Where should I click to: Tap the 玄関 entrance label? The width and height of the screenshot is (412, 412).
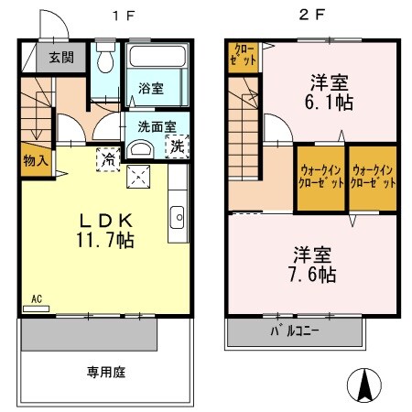(x=62, y=58)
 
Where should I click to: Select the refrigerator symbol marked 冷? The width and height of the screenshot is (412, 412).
(x=108, y=158)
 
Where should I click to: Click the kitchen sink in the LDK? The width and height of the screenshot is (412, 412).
(x=177, y=217)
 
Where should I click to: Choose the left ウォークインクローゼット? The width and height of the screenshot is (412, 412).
(x=320, y=177)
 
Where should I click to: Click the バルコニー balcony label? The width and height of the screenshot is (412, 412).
(x=294, y=331)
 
